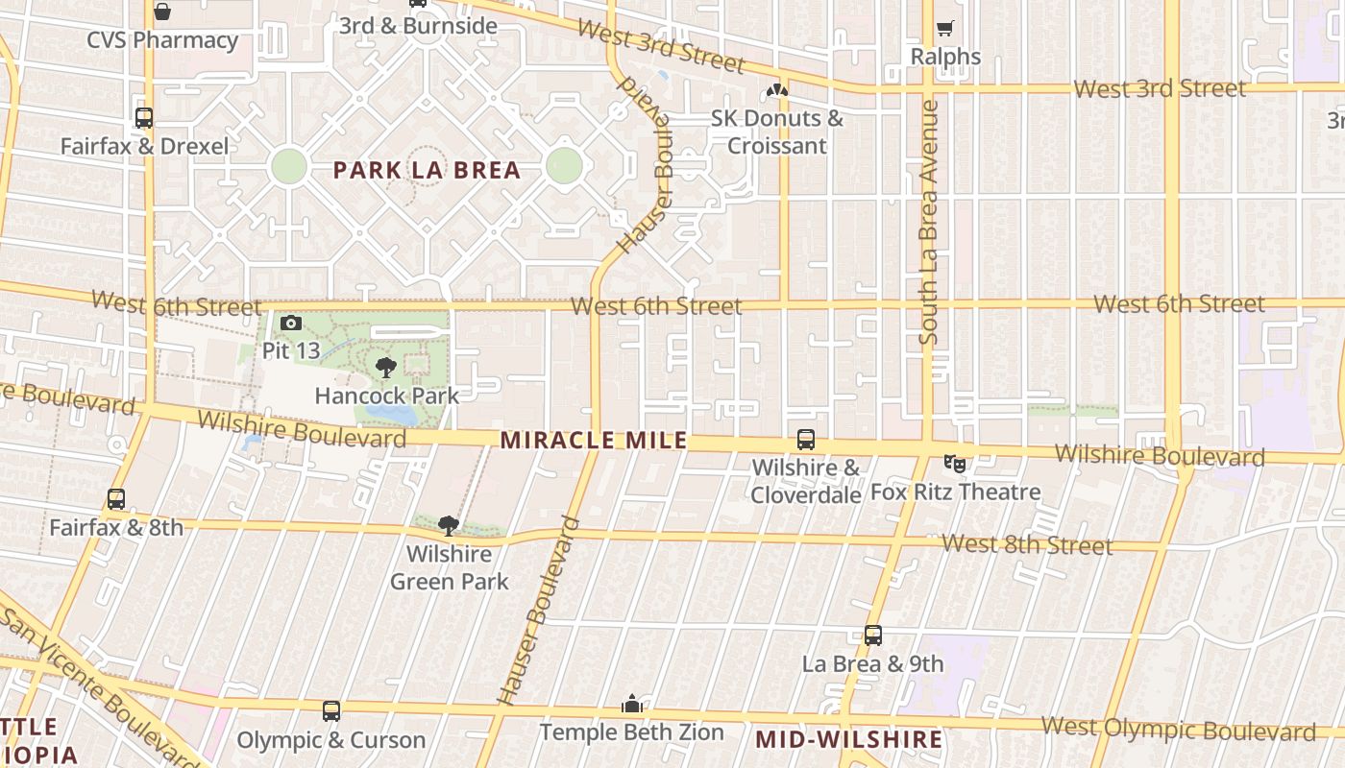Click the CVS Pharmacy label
pos(162,40)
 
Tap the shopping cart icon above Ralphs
pos(945,29)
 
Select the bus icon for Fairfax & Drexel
pos(144,118)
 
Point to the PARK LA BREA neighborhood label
pos(427,171)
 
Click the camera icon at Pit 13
pos(291,324)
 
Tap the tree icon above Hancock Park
pos(386,367)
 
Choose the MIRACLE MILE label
pos(594,441)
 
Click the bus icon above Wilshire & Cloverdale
pos(805,440)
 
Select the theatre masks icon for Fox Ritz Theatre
pos(955,465)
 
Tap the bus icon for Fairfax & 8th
pos(116,499)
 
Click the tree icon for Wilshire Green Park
pos(448,525)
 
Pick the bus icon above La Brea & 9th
pos(872,636)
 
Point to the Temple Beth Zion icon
pos(631,705)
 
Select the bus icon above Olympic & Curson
pos(331,711)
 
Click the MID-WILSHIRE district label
pos(848,739)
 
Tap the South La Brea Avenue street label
pos(928,222)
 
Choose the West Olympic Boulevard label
pos(1178,729)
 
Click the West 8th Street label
pos(1026,544)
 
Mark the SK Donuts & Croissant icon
pos(776,91)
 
